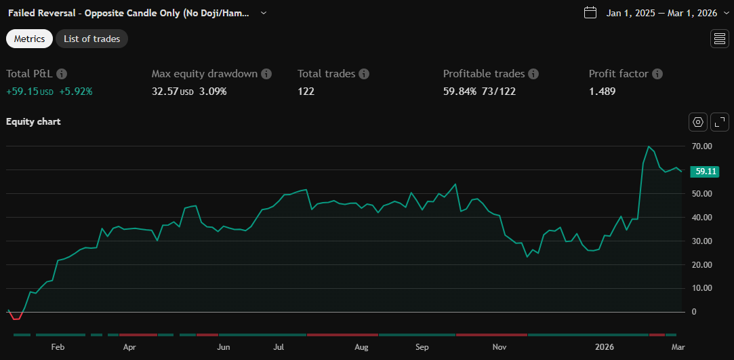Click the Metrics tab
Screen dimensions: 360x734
pyautogui.click(x=29, y=39)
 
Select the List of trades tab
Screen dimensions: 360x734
pyautogui.click(x=91, y=39)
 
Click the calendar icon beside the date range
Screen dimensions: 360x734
pyautogui.click(x=590, y=12)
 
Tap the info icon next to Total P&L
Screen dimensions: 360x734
pyautogui.click(x=62, y=74)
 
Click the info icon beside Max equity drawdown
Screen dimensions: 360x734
pyautogui.click(x=266, y=74)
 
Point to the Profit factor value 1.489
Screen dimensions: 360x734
pyautogui.click(x=602, y=91)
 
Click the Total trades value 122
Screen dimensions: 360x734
pyautogui.click(x=306, y=91)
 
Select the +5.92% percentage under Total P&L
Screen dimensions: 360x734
pyautogui.click(x=75, y=91)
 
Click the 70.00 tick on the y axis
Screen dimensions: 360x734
pyautogui.click(x=701, y=146)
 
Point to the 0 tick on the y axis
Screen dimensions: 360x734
pyautogui.click(x=693, y=312)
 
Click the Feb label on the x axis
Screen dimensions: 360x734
pyautogui.click(x=58, y=347)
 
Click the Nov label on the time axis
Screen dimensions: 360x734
pyautogui.click(x=499, y=347)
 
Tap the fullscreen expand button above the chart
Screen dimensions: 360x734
pyautogui.click(x=720, y=122)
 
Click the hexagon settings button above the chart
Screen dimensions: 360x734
pyautogui.click(x=698, y=122)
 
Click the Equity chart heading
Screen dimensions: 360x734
pyautogui.click(x=33, y=122)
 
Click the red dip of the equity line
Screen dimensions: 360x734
pyautogui.click(x=16, y=318)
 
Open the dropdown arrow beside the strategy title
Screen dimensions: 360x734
pyautogui.click(x=264, y=13)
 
